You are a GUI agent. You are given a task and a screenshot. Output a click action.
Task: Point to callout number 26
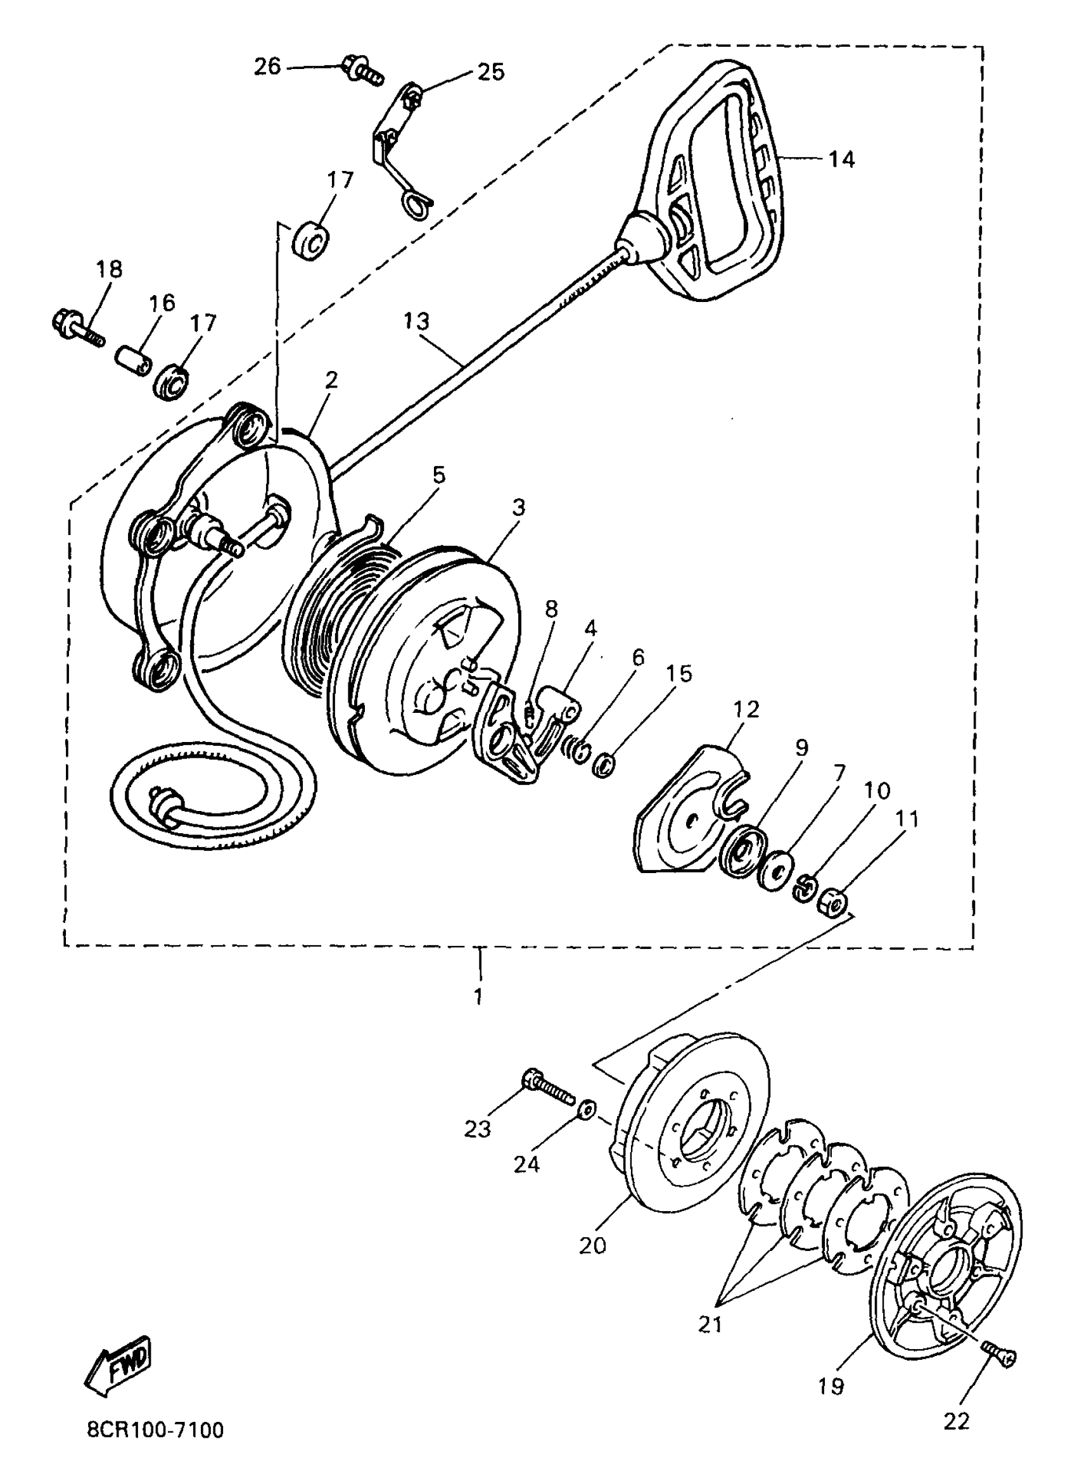pyautogui.click(x=267, y=66)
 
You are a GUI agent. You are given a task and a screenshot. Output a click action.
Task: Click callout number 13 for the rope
pyautogui.click(x=416, y=321)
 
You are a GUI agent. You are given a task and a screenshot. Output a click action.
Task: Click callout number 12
pyautogui.click(x=746, y=708)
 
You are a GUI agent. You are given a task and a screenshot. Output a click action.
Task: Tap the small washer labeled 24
pyautogui.click(x=588, y=1108)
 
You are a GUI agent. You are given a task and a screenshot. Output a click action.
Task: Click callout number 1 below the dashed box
pyautogui.click(x=478, y=997)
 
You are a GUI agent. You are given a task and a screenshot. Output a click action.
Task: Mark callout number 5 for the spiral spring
pyautogui.click(x=438, y=475)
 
